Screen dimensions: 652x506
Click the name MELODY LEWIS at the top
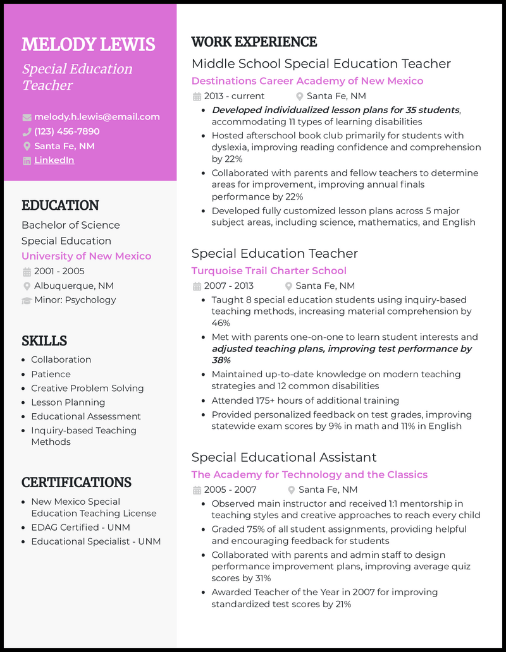89,45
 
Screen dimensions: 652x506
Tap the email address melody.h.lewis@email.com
97,117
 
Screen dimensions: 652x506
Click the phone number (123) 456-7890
66,131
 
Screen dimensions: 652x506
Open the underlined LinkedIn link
54,160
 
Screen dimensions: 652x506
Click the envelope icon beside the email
27,117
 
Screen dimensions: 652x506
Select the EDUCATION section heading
60,205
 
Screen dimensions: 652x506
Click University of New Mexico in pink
86,256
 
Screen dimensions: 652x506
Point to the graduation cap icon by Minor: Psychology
27,300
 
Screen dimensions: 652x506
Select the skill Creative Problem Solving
87,388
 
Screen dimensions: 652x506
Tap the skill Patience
51,374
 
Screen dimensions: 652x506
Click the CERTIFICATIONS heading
77,483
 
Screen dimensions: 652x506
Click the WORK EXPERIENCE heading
254,42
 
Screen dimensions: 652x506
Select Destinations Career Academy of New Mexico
307,81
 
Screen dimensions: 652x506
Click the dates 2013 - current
234,96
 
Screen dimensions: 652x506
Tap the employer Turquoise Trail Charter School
269,270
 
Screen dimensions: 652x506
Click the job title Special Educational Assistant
284,457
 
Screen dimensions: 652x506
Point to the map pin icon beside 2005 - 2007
292,490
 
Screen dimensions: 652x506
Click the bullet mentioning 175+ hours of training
305,401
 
